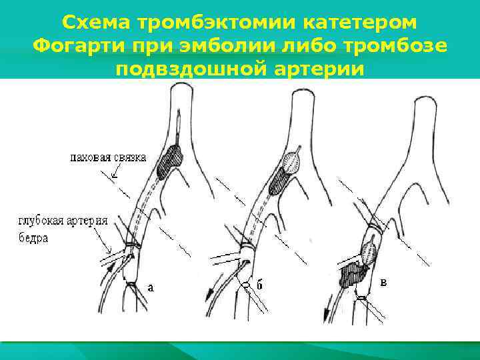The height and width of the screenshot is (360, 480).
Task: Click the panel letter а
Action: pos(151,287)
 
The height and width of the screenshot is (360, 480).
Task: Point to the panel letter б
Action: pos(260,285)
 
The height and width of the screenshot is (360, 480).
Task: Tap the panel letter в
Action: pos(383,282)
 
